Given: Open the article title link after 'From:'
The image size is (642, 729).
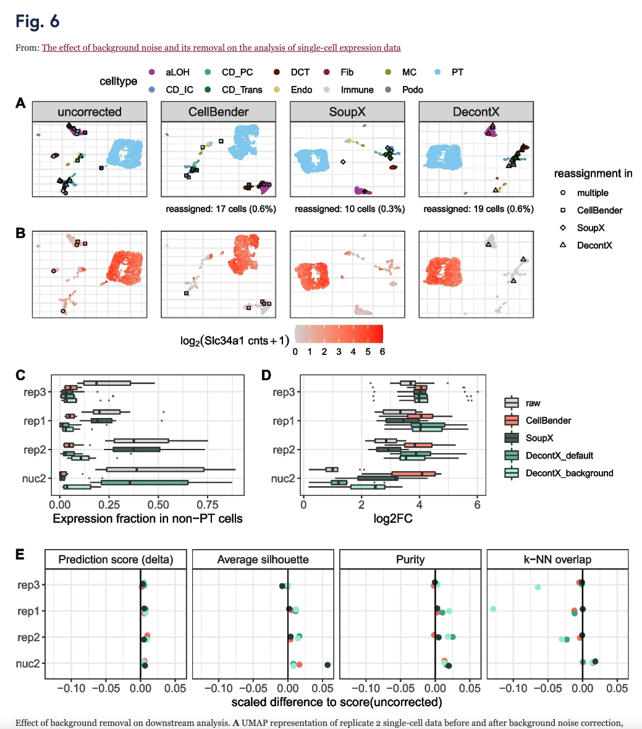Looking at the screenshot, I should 221,48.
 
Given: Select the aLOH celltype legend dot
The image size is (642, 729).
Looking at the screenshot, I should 152,72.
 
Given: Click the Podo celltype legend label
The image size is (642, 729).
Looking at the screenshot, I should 412,90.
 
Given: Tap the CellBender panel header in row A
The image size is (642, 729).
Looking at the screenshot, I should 219,112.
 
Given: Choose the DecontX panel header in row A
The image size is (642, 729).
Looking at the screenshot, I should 476,112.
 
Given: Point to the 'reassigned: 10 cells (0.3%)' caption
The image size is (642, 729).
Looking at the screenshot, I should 350,209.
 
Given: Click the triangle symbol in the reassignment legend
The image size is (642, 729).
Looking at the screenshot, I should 563,245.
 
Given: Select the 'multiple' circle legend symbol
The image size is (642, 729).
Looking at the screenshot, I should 563,193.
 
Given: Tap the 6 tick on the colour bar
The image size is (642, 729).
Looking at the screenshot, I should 382,351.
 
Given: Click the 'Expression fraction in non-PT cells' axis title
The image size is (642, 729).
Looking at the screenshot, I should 148,518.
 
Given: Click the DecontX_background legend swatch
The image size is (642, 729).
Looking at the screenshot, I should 512,473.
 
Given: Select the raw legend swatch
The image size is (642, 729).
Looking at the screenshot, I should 512,403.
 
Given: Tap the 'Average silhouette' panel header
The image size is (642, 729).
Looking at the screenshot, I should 263,560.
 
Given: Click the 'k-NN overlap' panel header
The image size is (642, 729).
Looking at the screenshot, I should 557,560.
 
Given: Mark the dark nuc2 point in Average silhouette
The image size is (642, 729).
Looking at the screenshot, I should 327,665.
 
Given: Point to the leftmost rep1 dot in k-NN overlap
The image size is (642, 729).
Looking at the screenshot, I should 493,609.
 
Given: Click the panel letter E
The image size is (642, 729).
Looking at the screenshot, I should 20,554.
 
